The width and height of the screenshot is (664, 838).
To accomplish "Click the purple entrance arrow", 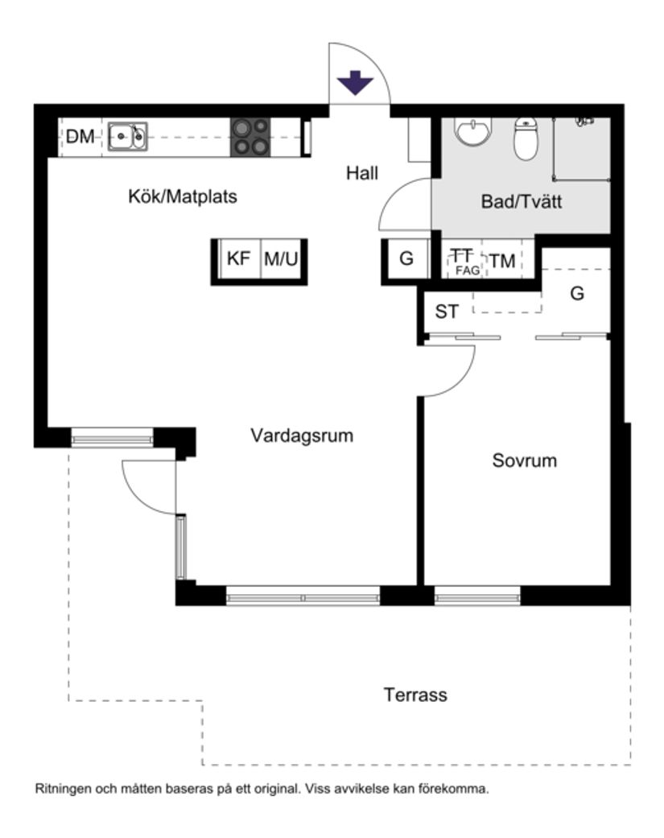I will click(x=354, y=83).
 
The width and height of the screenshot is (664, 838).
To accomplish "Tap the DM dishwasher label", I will click(x=80, y=137).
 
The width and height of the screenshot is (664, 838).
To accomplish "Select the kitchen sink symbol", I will click(x=128, y=137).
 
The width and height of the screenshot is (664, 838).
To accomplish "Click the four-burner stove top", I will click(x=250, y=137).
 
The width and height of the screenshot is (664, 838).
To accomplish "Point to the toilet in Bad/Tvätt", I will click(x=525, y=140).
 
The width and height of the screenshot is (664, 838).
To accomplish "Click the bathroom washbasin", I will click(x=472, y=131).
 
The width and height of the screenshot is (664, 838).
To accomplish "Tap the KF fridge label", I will click(x=238, y=259).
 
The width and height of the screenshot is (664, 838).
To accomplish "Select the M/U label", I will click(x=281, y=259).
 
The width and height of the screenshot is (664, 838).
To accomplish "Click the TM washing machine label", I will click(x=503, y=261).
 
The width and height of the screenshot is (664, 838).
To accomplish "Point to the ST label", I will click(x=447, y=312).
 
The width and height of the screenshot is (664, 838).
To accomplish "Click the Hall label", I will click(x=362, y=172).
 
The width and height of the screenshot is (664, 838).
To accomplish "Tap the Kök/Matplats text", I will click(x=183, y=196).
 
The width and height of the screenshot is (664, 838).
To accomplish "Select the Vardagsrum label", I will click(x=302, y=436).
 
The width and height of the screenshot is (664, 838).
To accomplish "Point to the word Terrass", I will click(x=415, y=695).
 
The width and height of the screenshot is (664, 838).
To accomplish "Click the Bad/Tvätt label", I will click(x=521, y=202).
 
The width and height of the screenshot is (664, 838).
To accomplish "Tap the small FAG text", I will click(x=467, y=271).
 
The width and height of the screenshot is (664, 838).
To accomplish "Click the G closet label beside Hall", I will click(x=406, y=259).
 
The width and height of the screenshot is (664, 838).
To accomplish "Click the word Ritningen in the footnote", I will click(x=61, y=790).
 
